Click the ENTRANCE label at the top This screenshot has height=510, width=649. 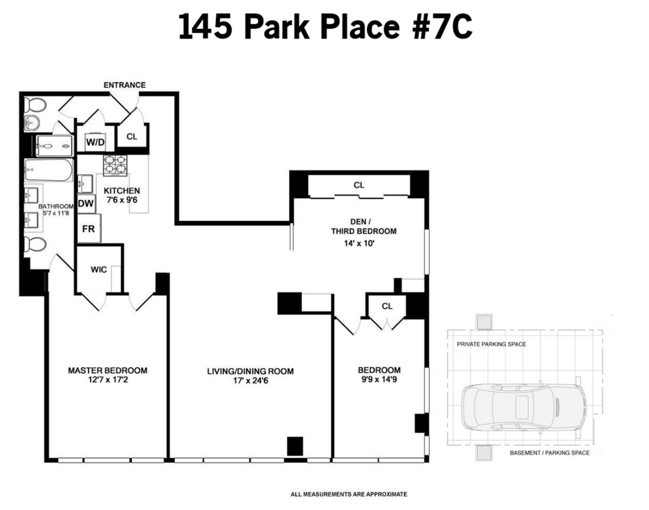tap(124, 85)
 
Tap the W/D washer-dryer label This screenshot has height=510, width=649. tap(95, 142)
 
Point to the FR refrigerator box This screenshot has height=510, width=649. tap(89, 228)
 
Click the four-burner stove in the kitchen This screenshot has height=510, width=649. tap(115, 165)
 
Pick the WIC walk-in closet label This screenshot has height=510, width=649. tap(99, 270)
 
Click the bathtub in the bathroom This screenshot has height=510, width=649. tap(49, 170)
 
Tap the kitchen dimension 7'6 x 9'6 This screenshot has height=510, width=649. tap(122, 200)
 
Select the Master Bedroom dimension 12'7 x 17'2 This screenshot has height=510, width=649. tap(108, 380)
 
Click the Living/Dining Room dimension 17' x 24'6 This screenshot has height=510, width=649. tap(250, 381)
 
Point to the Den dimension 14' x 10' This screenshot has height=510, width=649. tap(359, 243)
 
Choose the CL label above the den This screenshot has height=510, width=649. tap(359, 185)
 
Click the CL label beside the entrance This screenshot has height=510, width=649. tap(132, 137)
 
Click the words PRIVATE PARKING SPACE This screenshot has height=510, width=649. tap(491, 344)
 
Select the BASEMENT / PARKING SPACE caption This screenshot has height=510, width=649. tap(550, 453)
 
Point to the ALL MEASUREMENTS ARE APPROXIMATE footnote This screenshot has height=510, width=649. tap(349, 494)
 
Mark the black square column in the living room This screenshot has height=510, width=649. tap(295, 446)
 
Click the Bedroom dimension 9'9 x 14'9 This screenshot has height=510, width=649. tap(379, 380)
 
